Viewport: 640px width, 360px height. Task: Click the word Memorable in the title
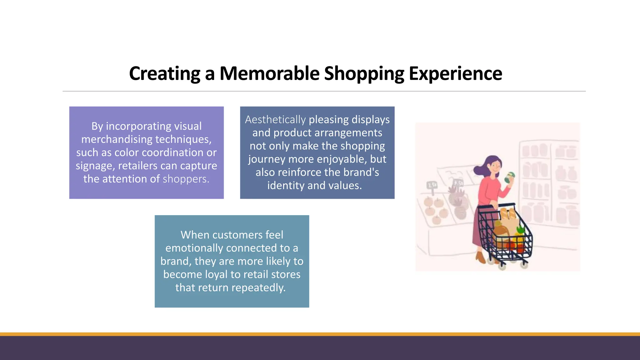point(269,74)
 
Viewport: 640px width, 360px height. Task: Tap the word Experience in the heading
point(455,74)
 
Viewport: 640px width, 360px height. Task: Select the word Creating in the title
point(165,74)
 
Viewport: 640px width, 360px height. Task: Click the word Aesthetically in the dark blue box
point(275,120)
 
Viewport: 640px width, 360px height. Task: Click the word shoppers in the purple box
point(186,179)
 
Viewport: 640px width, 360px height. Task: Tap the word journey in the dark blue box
point(267,159)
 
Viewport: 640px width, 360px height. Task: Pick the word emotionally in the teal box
point(194,248)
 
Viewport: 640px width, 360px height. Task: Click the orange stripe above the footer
point(320,334)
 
